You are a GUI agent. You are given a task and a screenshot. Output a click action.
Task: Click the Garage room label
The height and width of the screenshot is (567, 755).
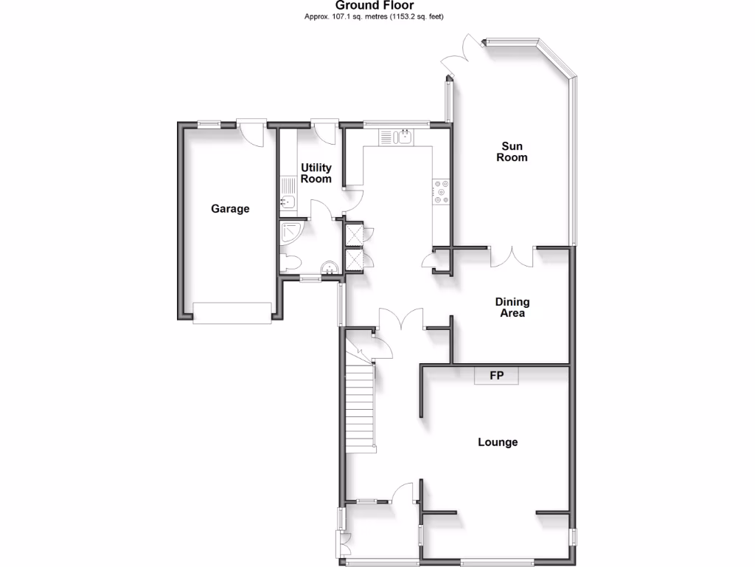pyautogui.click(x=230, y=209)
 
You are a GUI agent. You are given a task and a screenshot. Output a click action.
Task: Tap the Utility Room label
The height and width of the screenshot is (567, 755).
pyautogui.click(x=316, y=173)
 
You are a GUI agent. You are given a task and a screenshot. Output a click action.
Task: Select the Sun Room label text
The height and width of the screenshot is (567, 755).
pyautogui.click(x=512, y=152)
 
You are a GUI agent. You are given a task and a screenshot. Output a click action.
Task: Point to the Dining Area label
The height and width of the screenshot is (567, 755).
pyautogui.click(x=512, y=308)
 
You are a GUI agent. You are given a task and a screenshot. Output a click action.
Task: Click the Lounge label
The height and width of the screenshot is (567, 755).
pyautogui.click(x=498, y=442)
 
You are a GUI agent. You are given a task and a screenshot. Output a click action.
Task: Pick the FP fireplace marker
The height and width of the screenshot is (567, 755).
pyautogui.click(x=497, y=376)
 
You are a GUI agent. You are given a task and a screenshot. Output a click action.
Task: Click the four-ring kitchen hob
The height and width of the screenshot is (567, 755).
pyautogui.click(x=442, y=192)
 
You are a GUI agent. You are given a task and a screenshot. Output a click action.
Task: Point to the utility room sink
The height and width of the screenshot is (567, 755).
pyautogui.click(x=287, y=203)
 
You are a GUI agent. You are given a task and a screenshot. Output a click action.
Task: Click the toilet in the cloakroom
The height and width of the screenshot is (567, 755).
pyautogui.click(x=289, y=262)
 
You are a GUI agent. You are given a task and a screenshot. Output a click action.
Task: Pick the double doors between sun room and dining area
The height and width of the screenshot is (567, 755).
pyautogui.click(x=512, y=255)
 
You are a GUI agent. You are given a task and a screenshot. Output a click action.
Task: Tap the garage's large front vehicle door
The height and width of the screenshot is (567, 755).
pyautogui.click(x=232, y=313)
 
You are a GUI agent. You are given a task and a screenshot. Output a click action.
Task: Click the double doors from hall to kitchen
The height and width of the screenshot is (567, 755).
pyautogui.click(x=401, y=319)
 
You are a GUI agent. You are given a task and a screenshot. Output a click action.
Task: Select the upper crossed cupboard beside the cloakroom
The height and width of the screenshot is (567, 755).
pyautogui.click(x=353, y=233)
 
